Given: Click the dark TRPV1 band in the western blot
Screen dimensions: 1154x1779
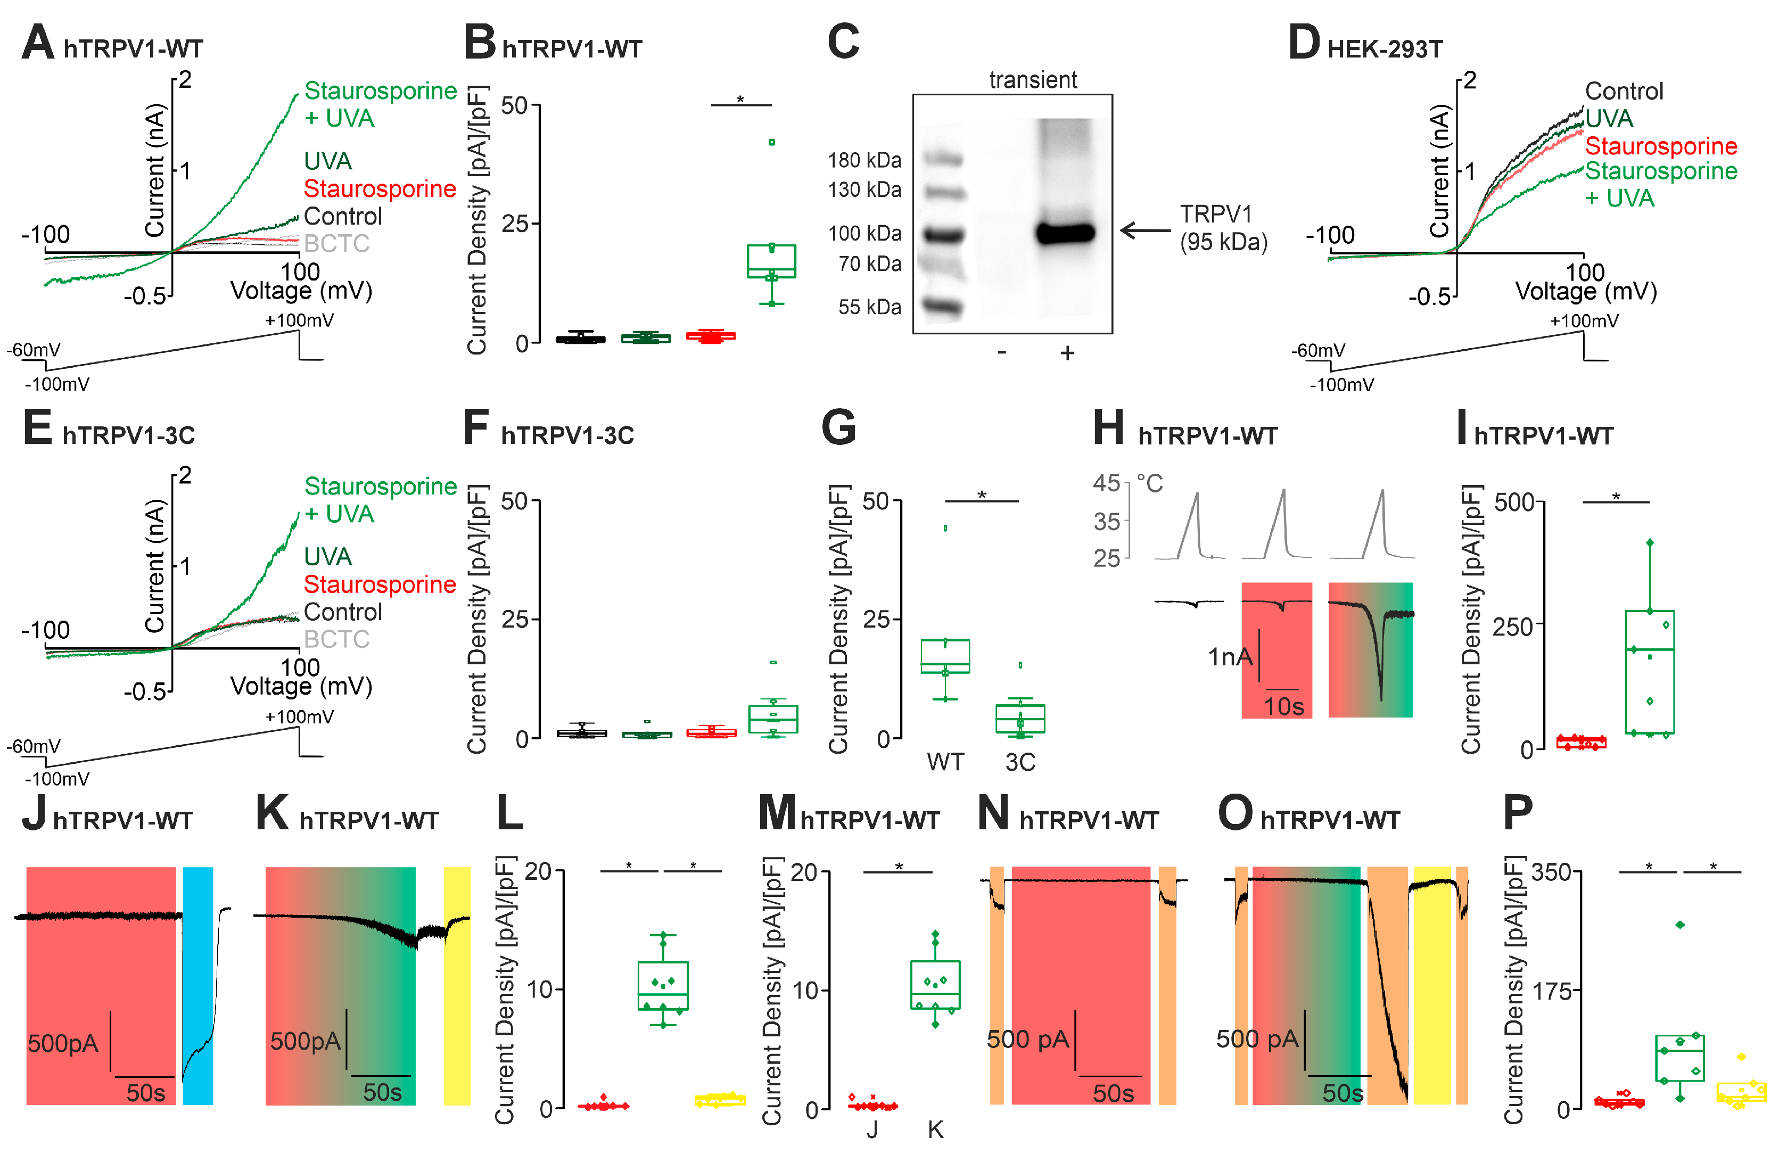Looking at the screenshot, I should pyautogui.click(x=1066, y=233).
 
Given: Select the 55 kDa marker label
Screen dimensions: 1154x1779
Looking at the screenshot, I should pyautogui.click(x=869, y=307).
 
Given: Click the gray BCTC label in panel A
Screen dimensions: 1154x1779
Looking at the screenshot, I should pyautogui.click(x=336, y=244).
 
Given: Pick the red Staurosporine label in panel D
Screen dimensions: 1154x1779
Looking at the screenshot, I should pyautogui.click(x=1661, y=146).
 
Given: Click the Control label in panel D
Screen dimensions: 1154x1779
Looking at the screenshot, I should pyautogui.click(x=1624, y=91).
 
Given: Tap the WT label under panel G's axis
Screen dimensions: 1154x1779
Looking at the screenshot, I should pyautogui.click(x=945, y=762).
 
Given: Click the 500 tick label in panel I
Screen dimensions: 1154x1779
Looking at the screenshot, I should pyautogui.click(x=1514, y=502).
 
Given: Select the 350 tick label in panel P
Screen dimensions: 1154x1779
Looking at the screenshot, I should pyautogui.click(x=1551, y=872).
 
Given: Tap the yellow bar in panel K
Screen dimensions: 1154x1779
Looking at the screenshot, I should pyautogui.click(x=457, y=986).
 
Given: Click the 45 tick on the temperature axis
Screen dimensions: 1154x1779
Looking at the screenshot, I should pyautogui.click(x=1106, y=483).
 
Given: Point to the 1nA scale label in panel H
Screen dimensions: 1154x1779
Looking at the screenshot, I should pyautogui.click(x=1230, y=657).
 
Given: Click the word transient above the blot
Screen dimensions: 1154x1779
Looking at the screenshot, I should pyautogui.click(x=1033, y=79).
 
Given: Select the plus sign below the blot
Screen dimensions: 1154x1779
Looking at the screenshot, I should pyautogui.click(x=1067, y=353).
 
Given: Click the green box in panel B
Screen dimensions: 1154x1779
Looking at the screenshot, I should pyautogui.click(x=771, y=261).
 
